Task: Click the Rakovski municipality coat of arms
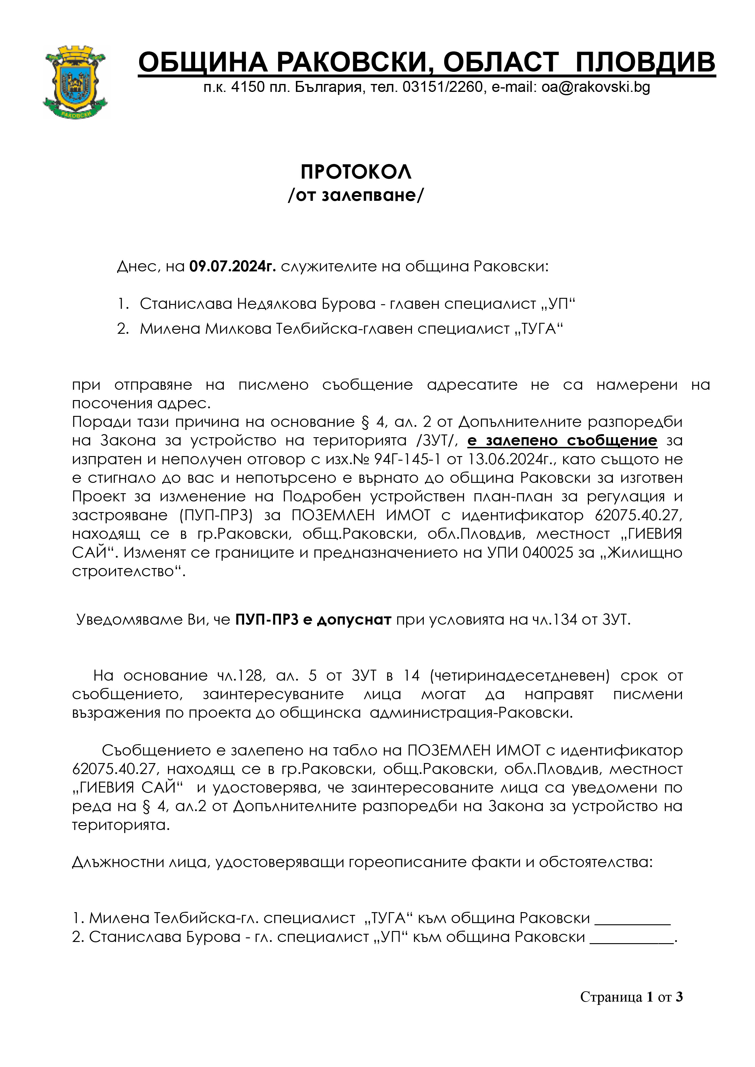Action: point(75,82)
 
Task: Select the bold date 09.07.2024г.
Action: point(233,266)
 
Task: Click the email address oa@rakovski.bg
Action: point(595,87)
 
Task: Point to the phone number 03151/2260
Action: point(443,87)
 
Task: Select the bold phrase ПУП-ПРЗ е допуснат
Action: point(313,619)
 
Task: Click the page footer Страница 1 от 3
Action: point(631,997)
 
